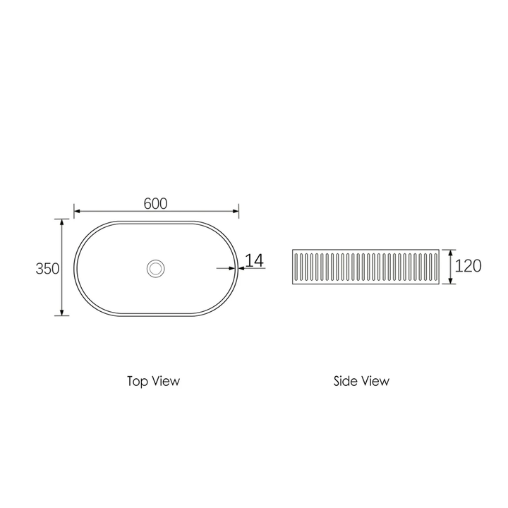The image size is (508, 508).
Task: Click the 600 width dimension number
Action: [155, 203]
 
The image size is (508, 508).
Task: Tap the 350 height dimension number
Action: [47, 269]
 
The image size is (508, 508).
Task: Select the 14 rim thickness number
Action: [255, 260]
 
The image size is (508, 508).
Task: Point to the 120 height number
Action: [468, 266]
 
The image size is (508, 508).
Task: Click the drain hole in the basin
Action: [156, 267]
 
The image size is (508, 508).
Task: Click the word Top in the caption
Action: [137, 381]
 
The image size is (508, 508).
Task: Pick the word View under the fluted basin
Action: [375, 381]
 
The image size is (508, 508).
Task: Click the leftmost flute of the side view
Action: [296, 267]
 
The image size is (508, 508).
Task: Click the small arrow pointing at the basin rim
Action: [232, 268]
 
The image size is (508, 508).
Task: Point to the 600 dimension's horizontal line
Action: [113, 210]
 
